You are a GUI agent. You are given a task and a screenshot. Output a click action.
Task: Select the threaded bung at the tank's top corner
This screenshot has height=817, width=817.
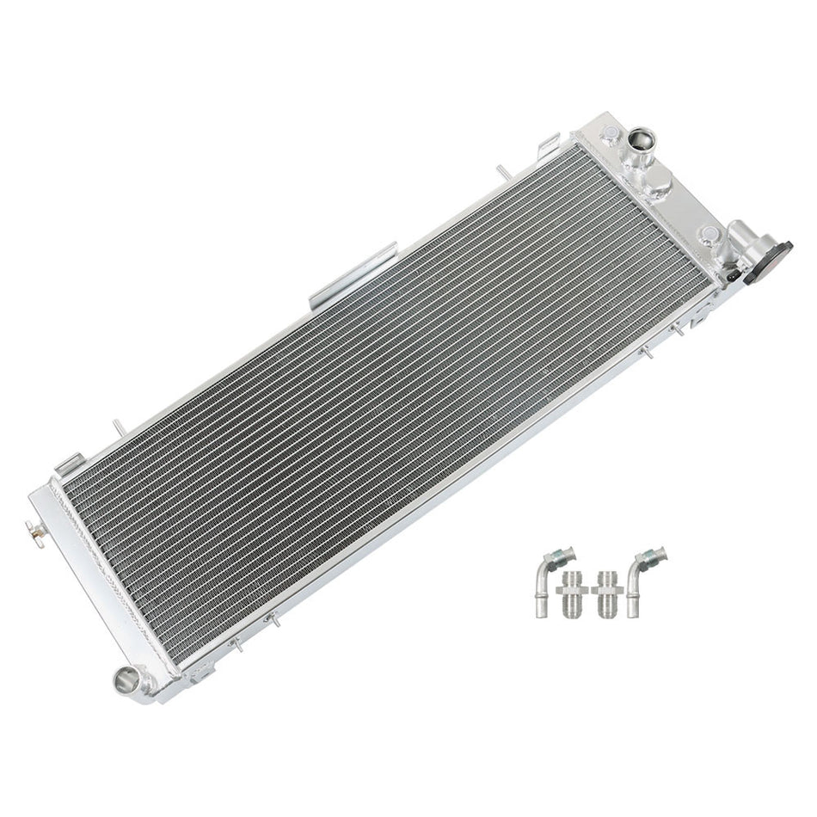[609, 133]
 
